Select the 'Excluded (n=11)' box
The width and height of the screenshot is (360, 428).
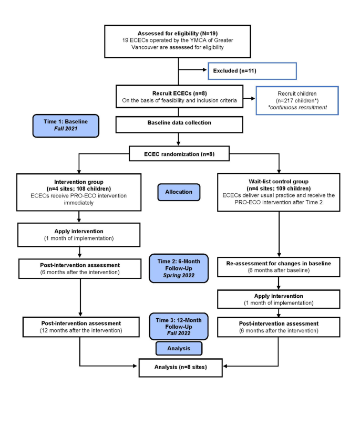click(x=252, y=70)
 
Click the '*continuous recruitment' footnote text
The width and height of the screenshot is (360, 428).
click(x=298, y=108)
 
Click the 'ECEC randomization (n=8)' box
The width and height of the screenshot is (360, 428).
click(x=179, y=154)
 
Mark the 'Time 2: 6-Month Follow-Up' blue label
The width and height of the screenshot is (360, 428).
click(x=179, y=268)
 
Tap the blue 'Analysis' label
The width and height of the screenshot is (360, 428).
click(x=179, y=348)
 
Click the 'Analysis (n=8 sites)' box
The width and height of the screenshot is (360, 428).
click(x=179, y=367)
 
